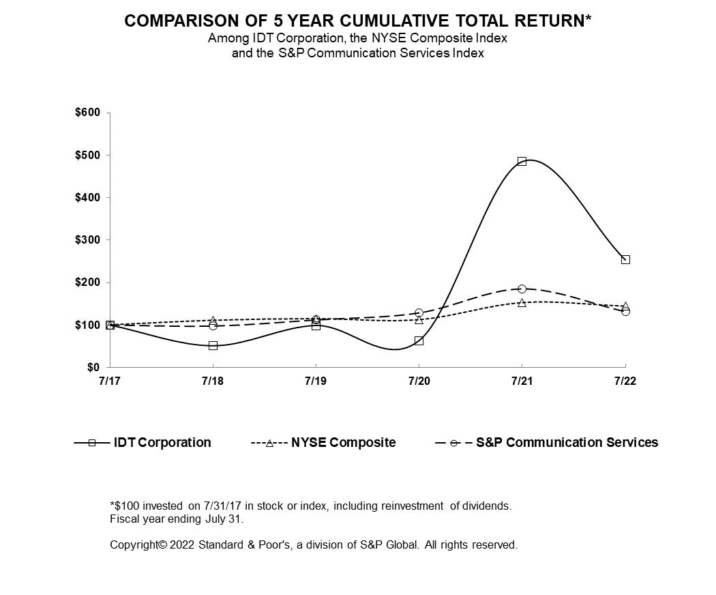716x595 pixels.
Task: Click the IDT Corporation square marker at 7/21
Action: pyautogui.click(x=522, y=162)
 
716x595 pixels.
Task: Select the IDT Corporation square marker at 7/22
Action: pyautogui.click(x=625, y=259)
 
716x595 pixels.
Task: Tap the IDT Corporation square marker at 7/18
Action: pyautogui.click(x=213, y=346)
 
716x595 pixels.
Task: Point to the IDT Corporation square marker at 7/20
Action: pyautogui.click(x=419, y=340)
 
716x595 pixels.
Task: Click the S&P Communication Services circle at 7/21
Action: pyautogui.click(x=522, y=289)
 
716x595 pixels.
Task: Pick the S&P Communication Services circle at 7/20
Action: pyautogui.click(x=419, y=313)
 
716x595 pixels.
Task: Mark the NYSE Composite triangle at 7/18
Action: pyautogui.click(x=213, y=320)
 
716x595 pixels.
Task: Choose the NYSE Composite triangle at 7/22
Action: pyautogui.click(x=625, y=306)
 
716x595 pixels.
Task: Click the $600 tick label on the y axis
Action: pyautogui.click(x=87, y=113)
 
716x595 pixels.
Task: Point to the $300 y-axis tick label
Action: pyautogui.click(x=87, y=240)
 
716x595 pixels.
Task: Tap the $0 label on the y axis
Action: pyautogui.click(x=93, y=368)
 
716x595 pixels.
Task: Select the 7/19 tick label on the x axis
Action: pyautogui.click(x=316, y=381)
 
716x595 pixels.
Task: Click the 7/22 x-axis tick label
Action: pyautogui.click(x=625, y=381)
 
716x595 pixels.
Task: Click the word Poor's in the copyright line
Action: pyautogui.click(x=273, y=545)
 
